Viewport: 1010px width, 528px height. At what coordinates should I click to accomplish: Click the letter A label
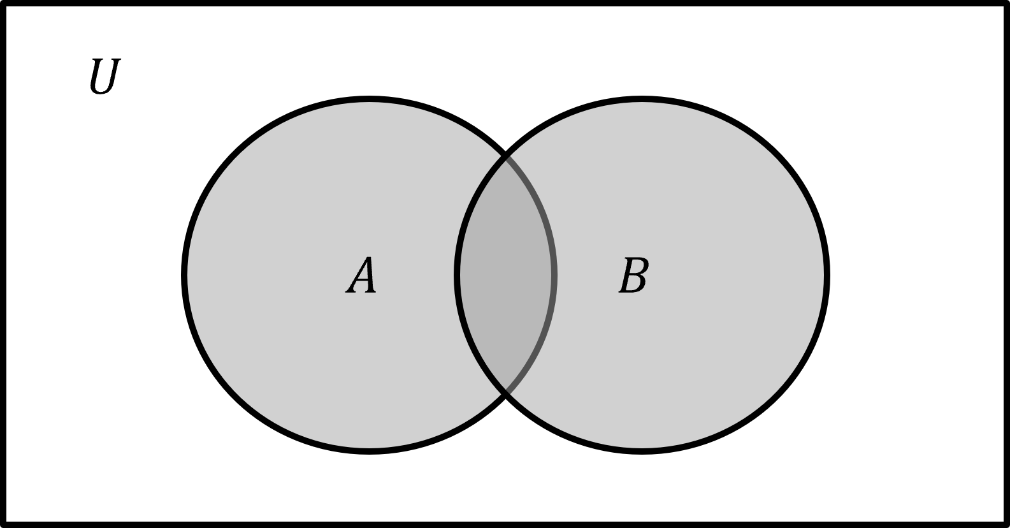click(x=361, y=275)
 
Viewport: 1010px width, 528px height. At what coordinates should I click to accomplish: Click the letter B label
click(x=633, y=275)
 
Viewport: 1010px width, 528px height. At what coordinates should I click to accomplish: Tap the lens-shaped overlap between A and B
click(x=506, y=275)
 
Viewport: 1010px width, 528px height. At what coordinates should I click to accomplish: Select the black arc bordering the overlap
click(x=458, y=275)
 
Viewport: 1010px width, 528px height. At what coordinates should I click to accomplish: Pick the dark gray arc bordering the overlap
click(x=554, y=275)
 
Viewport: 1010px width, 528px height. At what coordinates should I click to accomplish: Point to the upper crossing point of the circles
click(x=507, y=157)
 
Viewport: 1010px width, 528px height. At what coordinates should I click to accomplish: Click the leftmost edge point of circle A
click(x=188, y=275)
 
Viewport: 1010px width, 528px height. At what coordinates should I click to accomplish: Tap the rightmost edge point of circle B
click(x=823, y=275)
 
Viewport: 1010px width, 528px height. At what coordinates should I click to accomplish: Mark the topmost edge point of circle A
click(x=370, y=103)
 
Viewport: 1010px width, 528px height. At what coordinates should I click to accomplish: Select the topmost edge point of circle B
click(x=642, y=103)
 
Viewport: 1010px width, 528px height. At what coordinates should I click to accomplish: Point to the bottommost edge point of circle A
click(x=370, y=448)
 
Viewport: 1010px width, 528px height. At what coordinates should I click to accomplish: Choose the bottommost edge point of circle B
click(x=642, y=448)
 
